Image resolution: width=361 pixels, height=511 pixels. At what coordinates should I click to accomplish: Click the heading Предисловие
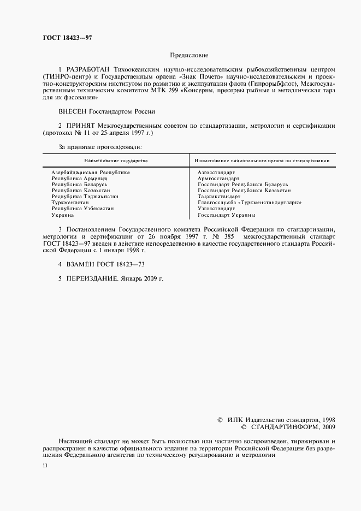[189, 56]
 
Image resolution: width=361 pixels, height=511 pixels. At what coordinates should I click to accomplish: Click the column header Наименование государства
[116, 161]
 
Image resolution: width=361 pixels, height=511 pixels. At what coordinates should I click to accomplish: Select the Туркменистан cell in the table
[70, 203]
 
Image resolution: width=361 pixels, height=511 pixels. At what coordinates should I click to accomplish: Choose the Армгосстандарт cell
[218, 178]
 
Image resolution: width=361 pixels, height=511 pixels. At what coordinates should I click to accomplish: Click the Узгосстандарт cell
[216, 209]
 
